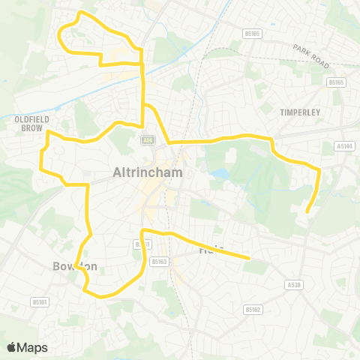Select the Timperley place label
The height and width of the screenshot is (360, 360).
point(300,112)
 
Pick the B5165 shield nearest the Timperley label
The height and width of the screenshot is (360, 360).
point(336,82)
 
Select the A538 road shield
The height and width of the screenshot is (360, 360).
point(293,285)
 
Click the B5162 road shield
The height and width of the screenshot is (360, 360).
point(252,309)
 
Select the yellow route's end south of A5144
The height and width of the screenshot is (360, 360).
point(307,211)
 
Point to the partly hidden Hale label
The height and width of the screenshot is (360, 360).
point(208,250)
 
